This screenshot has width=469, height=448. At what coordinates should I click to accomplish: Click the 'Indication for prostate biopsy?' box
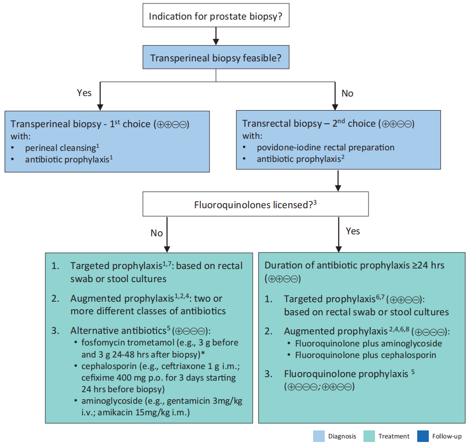216,15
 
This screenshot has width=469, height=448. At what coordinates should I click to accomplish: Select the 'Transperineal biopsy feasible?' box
216,57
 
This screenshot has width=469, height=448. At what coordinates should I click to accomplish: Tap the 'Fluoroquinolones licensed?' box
256,204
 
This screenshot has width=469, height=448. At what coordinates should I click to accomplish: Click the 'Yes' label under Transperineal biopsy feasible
84,93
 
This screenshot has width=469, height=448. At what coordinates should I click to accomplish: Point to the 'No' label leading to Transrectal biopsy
347,94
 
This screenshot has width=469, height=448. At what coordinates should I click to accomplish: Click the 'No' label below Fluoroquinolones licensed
156,233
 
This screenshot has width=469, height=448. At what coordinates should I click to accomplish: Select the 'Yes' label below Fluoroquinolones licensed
353,231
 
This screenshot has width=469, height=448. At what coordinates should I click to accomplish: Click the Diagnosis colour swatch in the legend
319,436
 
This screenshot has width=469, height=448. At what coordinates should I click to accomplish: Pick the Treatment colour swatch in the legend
369,436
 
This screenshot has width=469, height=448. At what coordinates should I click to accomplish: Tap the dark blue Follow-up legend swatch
423,436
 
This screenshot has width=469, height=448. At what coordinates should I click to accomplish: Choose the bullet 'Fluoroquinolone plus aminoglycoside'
368,343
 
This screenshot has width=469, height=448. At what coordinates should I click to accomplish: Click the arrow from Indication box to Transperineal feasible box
216,36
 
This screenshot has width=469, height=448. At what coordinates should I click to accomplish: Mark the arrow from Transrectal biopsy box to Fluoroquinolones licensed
338,181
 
